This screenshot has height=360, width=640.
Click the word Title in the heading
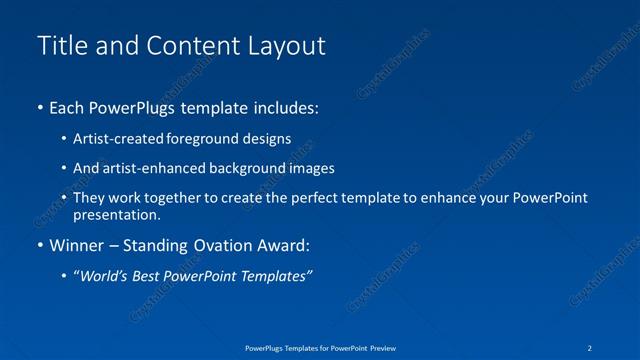58,46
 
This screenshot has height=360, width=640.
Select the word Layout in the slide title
288,46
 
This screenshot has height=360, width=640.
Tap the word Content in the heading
183,46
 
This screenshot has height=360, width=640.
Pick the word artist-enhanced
143,168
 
